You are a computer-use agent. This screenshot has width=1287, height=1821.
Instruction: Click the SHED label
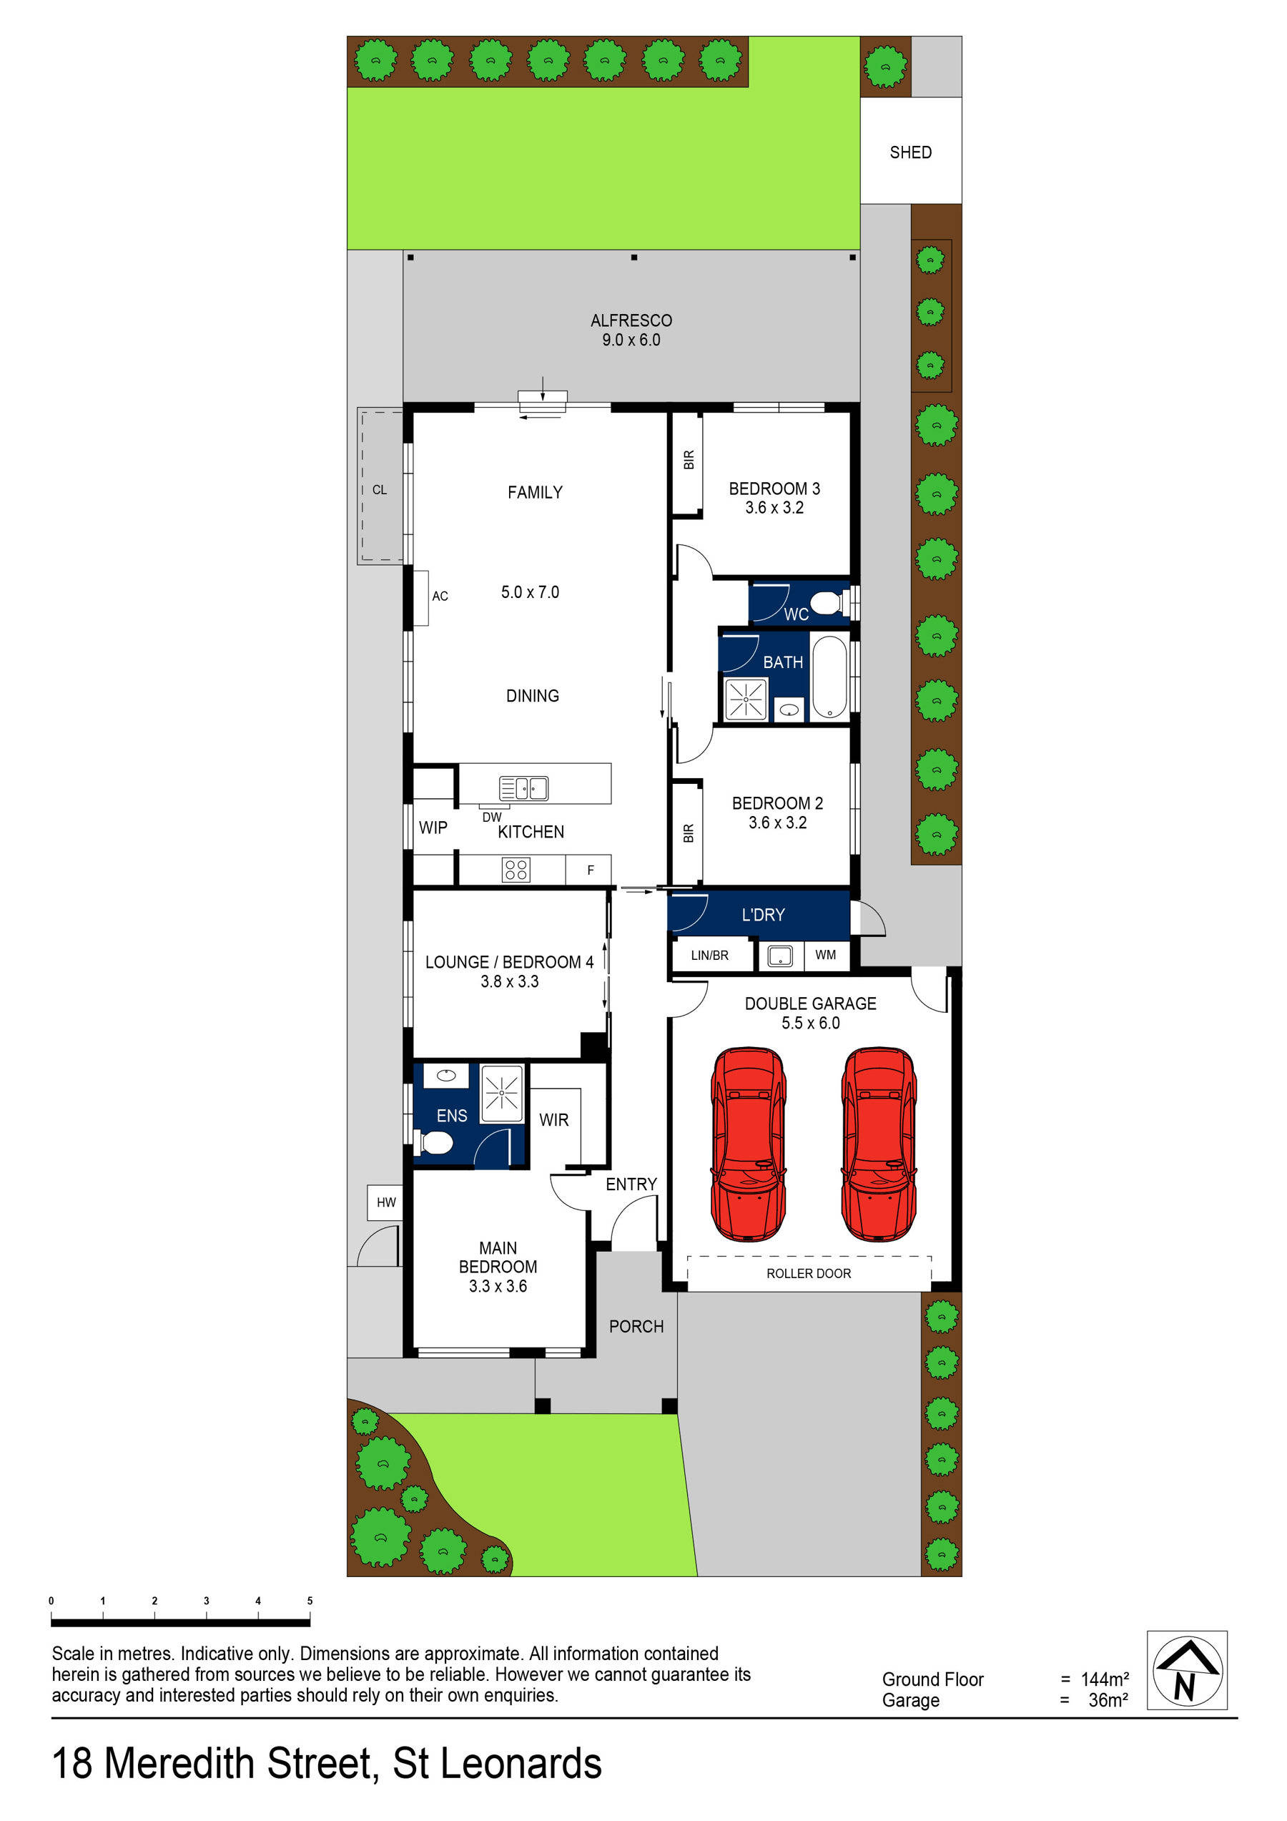pyautogui.click(x=910, y=152)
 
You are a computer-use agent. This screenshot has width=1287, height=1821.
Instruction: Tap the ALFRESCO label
pyautogui.click(x=631, y=320)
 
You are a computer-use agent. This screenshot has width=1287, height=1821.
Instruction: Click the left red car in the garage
pyautogui.click(x=749, y=1144)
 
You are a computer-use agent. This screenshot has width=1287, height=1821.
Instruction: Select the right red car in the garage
pyautogui.click(x=879, y=1144)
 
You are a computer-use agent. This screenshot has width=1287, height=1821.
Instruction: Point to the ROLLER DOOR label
pyautogui.click(x=808, y=1274)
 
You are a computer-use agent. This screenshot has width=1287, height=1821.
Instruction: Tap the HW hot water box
pyautogui.click(x=386, y=1202)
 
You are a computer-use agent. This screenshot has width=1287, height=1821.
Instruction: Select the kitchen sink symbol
pyautogui.click(x=523, y=788)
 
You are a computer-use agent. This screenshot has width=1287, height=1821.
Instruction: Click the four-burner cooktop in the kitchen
pyautogui.click(x=516, y=870)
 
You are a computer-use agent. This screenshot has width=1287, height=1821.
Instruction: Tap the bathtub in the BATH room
pyautogui.click(x=829, y=677)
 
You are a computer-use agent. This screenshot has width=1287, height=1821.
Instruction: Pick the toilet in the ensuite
pyautogui.click(x=435, y=1143)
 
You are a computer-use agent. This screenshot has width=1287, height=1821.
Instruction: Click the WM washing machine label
pyautogui.click(x=826, y=955)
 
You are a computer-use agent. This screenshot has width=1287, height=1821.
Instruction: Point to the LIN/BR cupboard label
pyautogui.click(x=710, y=956)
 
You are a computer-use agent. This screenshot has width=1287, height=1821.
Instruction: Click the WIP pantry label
pyautogui.click(x=433, y=828)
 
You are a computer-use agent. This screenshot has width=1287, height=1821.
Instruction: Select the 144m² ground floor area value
pyautogui.click(x=1105, y=1680)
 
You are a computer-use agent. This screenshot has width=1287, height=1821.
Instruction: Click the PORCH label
pyautogui.click(x=636, y=1326)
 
